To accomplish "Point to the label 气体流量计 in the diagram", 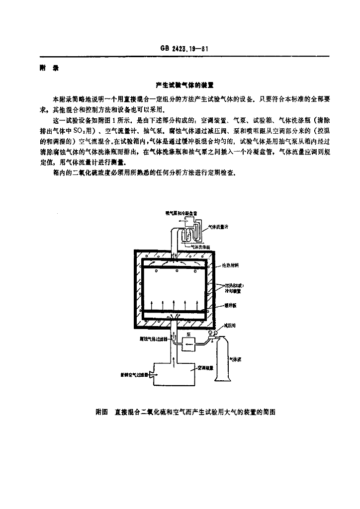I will coord(218,227).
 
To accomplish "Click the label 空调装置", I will coord(206,368).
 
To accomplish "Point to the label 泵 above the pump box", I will coord(189,334).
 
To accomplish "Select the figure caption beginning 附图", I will coord(185,412).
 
